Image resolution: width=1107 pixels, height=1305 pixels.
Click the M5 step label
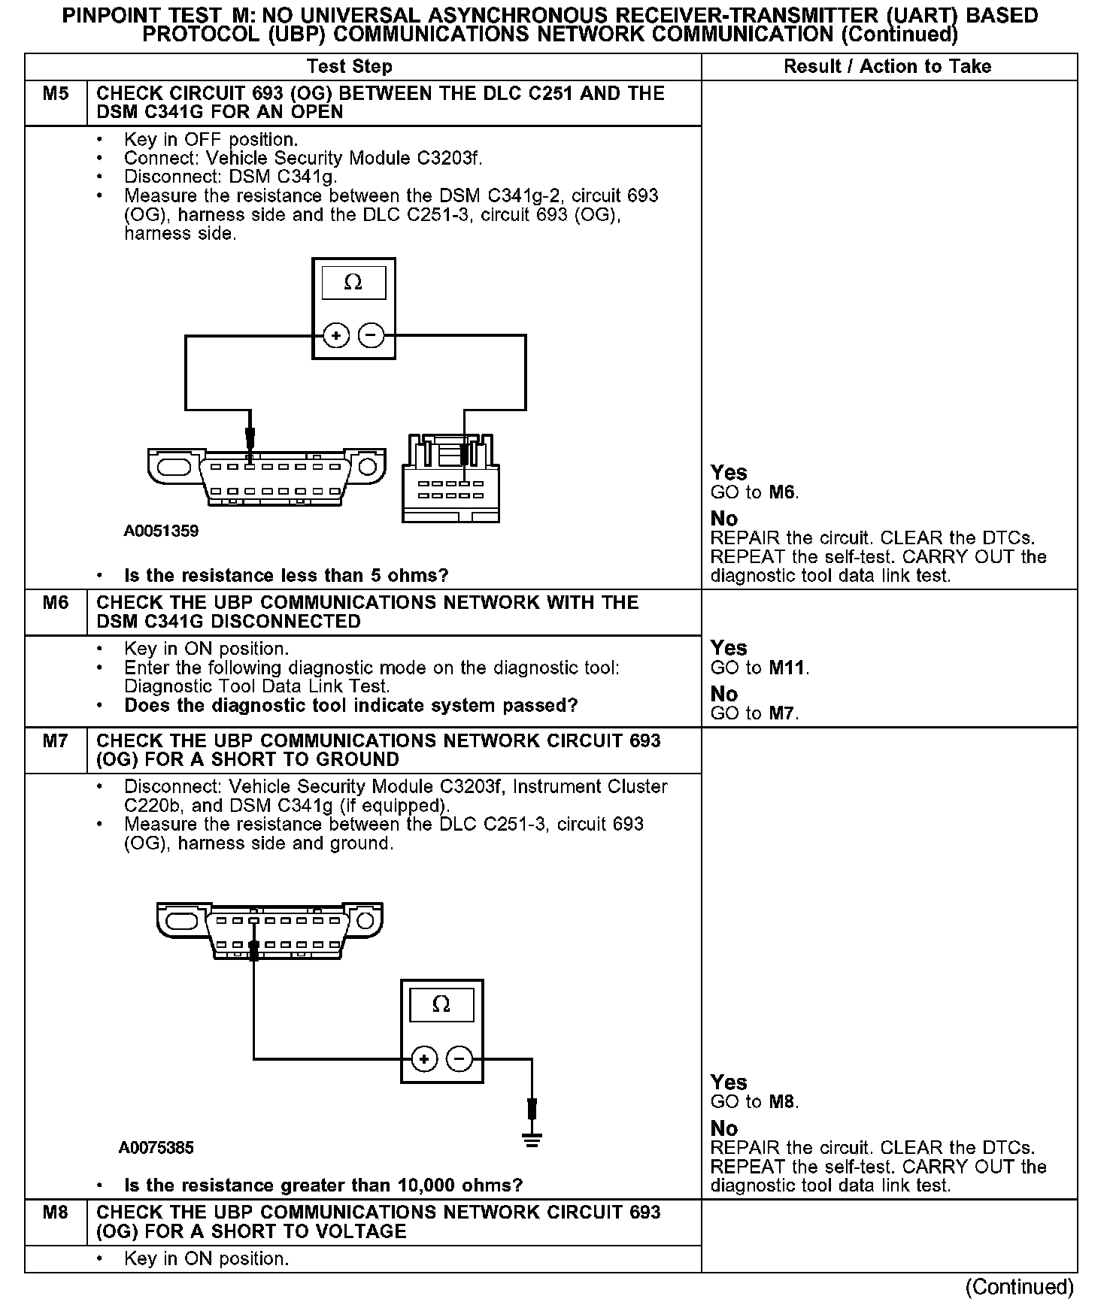click(56, 94)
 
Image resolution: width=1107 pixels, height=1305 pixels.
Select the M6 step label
click(56, 603)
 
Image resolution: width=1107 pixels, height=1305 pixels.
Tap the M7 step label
click(56, 741)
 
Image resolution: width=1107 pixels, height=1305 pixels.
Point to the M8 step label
click(56, 1213)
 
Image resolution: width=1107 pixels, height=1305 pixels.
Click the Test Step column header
click(350, 66)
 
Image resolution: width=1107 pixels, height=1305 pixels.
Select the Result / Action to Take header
click(887, 66)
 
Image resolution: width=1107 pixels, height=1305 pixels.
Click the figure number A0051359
click(161, 531)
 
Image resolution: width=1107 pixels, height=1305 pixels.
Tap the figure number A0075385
click(156, 1148)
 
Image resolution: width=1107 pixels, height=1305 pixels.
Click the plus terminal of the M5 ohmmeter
click(336, 335)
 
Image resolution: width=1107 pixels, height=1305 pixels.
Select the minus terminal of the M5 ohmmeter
click(371, 335)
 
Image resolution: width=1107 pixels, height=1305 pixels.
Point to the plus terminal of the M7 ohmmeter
click(424, 1059)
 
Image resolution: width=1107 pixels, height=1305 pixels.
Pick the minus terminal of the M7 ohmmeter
click(459, 1059)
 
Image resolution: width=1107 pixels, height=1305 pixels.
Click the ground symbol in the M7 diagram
click(532, 1140)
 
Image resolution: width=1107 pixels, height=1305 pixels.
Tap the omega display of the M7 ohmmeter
click(441, 1004)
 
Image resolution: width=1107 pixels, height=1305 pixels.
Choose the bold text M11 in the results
click(788, 668)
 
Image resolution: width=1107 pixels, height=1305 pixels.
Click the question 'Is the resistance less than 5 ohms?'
click(286, 576)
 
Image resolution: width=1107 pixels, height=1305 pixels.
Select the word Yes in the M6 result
click(729, 648)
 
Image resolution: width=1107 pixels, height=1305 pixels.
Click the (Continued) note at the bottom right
click(1019, 1286)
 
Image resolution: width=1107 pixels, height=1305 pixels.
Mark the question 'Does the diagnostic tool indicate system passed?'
click(351, 706)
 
